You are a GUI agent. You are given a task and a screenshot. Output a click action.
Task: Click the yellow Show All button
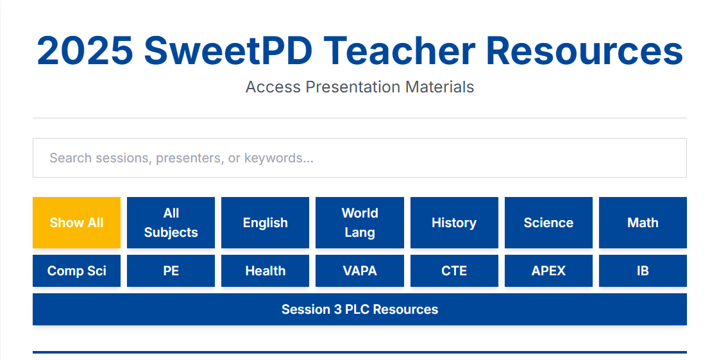pos(76,223)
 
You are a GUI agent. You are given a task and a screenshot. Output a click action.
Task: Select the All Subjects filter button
pos(171,223)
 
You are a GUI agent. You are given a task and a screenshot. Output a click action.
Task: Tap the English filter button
pos(266,223)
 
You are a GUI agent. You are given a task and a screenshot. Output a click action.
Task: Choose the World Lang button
pos(360,223)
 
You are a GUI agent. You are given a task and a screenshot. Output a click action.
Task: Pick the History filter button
pos(454,223)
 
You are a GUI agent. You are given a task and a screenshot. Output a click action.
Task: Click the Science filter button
pos(548,223)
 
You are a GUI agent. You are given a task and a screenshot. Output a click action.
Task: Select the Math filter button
pos(643,223)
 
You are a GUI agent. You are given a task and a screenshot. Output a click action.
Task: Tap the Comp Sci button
pos(76,271)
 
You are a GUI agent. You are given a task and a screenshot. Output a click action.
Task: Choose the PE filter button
pos(171,271)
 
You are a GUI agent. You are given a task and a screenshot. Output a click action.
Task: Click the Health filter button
pos(266,271)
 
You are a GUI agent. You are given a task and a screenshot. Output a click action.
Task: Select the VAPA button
pos(360,271)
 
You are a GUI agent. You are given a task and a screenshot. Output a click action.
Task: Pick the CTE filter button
pos(454,271)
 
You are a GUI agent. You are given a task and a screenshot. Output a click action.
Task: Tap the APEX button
pos(548,271)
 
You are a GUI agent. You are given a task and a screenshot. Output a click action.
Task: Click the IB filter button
pos(643,271)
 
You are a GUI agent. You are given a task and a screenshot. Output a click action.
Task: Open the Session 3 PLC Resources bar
pos(360,309)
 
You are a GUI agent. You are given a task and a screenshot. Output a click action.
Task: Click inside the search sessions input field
pos(360,158)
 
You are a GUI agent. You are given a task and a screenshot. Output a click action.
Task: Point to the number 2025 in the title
pos(85,51)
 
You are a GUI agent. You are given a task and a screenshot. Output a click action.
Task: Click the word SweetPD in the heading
pos(228,51)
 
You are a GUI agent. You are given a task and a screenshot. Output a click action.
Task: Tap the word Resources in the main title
pos(585,51)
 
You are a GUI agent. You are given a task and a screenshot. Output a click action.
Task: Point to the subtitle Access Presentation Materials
pos(360,87)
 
